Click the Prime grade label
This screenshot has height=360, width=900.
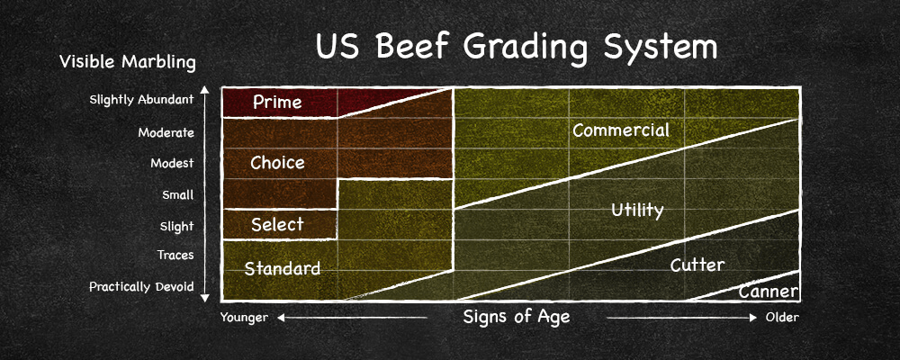pyautogui.click(x=277, y=103)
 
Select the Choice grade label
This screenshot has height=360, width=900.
pyautogui.click(x=277, y=163)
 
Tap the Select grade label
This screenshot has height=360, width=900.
pyautogui.click(x=277, y=224)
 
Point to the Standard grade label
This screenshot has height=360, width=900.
pyautogui.click(x=283, y=268)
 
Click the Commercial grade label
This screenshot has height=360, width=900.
pyautogui.click(x=621, y=130)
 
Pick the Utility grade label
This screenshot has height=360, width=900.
pyautogui.click(x=637, y=211)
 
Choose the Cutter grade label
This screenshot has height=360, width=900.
pyautogui.click(x=697, y=265)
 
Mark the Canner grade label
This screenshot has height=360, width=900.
pyautogui.click(x=769, y=292)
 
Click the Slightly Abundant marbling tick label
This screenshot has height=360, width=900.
pyautogui.click(x=142, y=100)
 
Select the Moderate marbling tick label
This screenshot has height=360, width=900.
pyautogui.click(x=166, y=132)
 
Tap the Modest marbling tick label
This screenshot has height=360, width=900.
pyautogui.click(x=172, y=164)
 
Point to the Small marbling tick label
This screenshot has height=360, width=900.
pyautogui.click(x=177, y=194)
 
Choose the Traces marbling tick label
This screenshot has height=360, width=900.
pyautogui.click(x=175, y=256)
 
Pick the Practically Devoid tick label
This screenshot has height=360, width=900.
pyautogui.click(x=141, y=287)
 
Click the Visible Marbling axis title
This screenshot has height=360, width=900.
pyautogui.click(x=127, y=62)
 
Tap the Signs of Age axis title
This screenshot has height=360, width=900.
pyautogui.click(x=517, y=317)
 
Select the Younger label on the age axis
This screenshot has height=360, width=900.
pyautogui.click(x=246, y=318)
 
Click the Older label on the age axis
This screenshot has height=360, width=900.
pyautogui.click(x=782, y=318)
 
